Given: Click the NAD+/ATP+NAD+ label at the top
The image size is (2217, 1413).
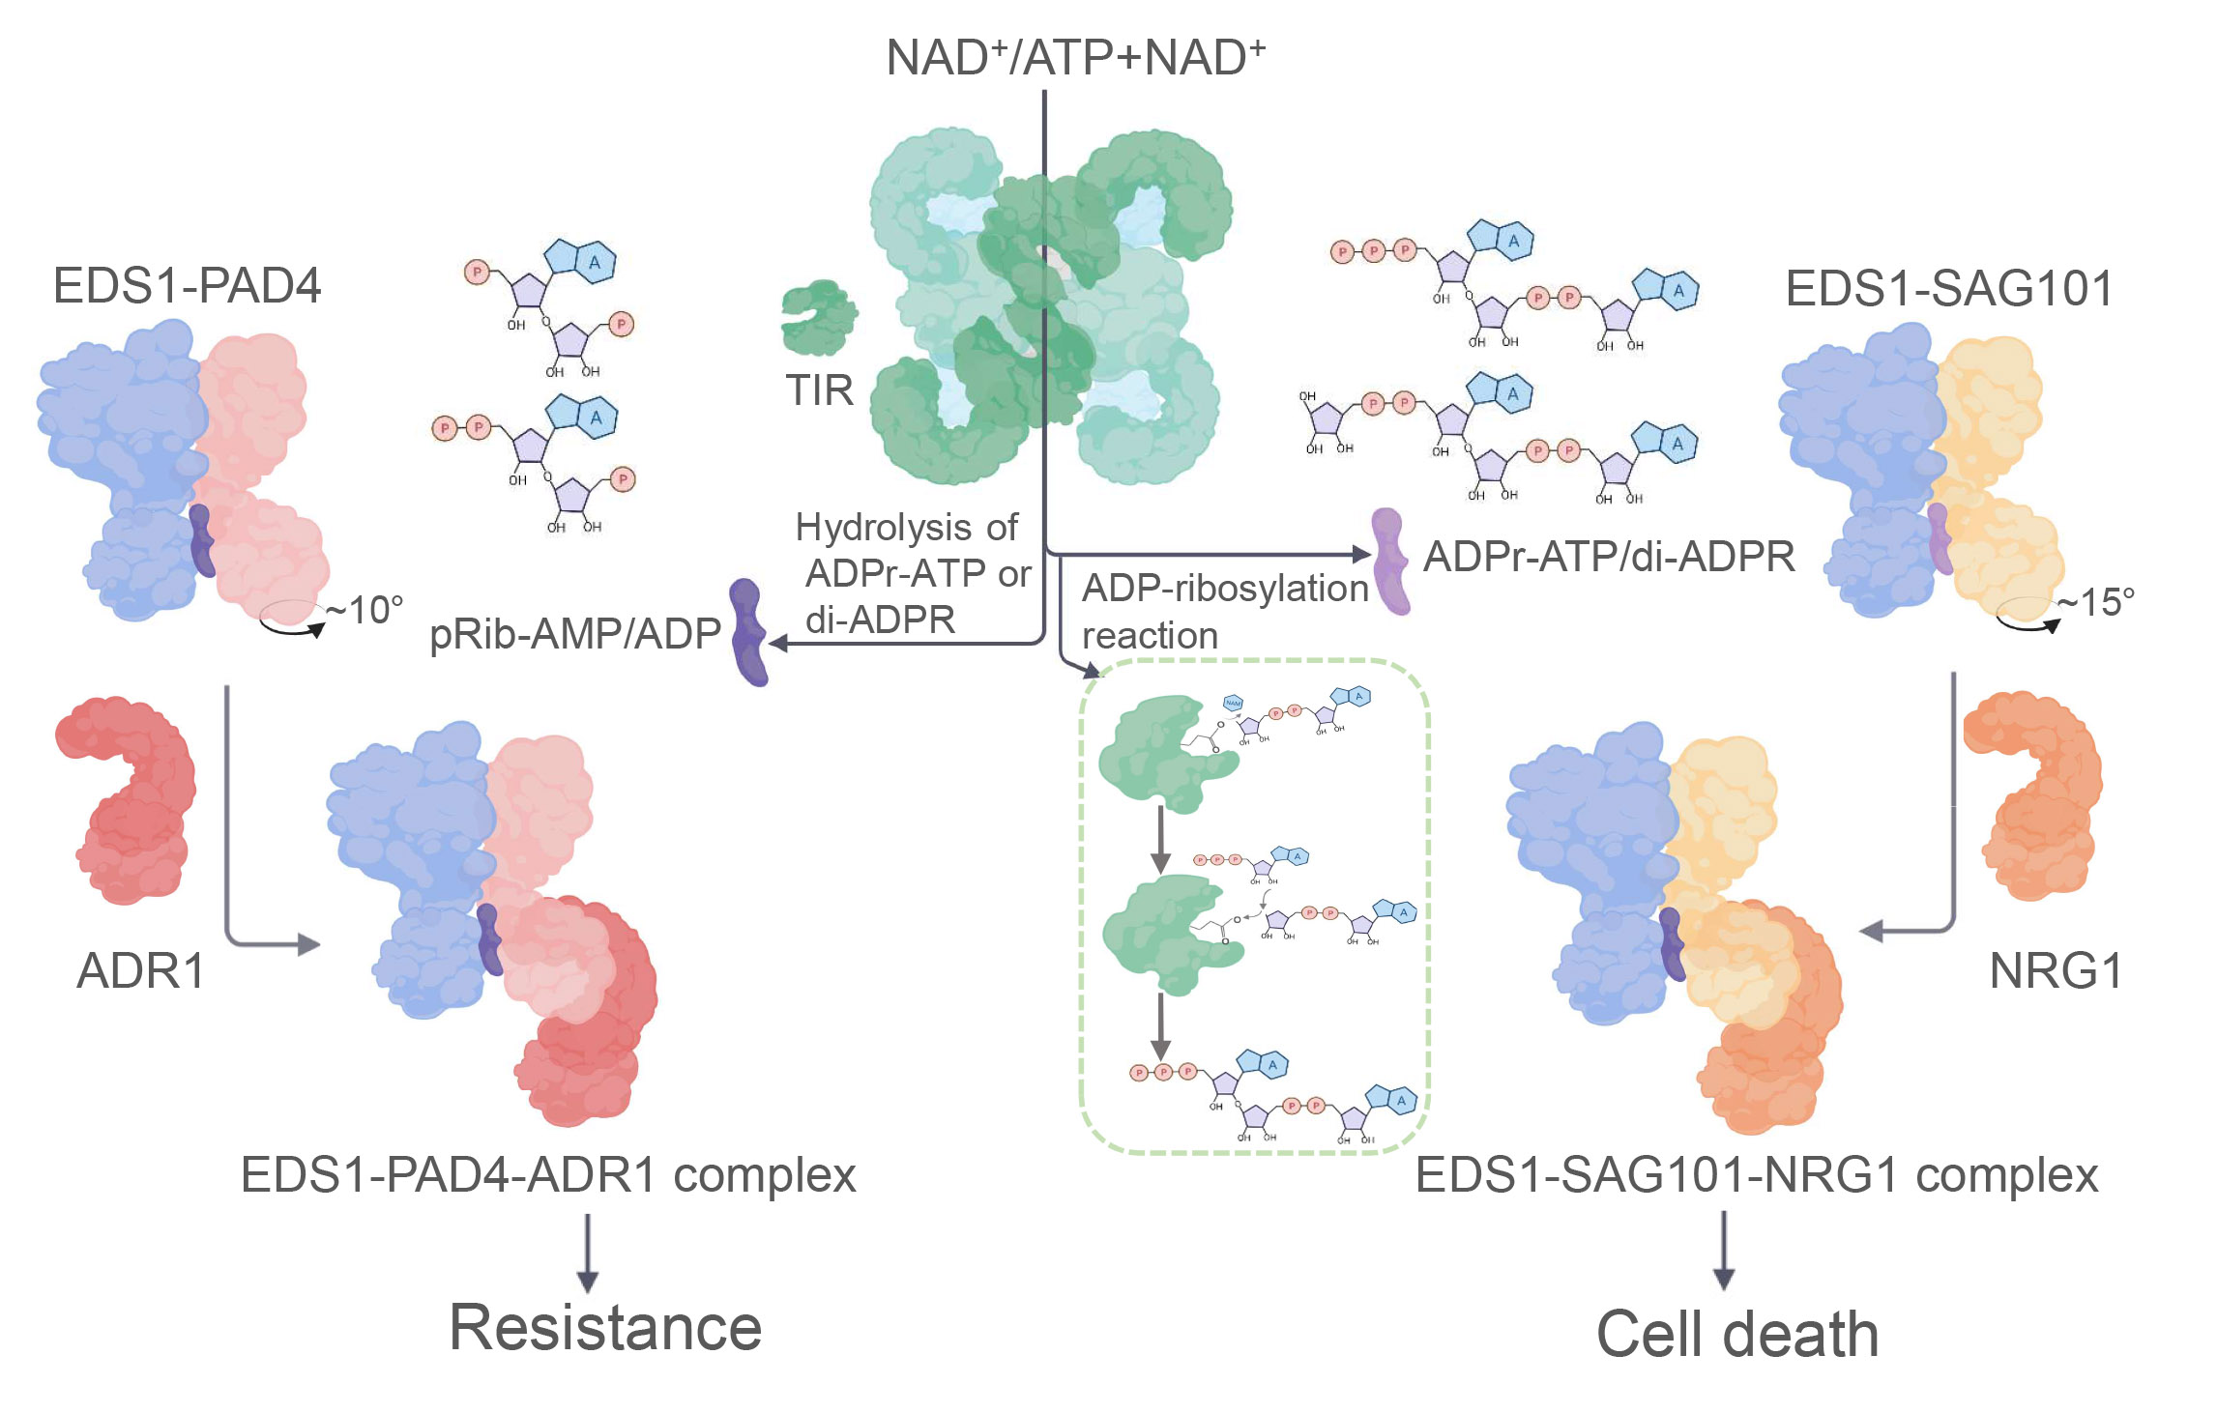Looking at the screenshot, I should pyautogui.click(x=1075, y=57).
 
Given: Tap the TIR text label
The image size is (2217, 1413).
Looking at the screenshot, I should pyautogui.click(x=819, y=391).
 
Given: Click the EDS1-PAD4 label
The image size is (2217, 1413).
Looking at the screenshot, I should pyautogui.click(x=187, y=286).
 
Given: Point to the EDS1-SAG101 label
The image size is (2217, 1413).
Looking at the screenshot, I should pyautogui.click(x=1948, y=288).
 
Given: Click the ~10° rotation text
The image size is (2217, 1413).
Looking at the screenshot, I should pyautogui.click(x=364, y=610).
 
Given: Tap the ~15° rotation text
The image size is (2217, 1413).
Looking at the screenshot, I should pyautogui.click(x=2094, y=602).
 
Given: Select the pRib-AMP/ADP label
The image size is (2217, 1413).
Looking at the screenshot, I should pyautogui.click(x=575, y=634).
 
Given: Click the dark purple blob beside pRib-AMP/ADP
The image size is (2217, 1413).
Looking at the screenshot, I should pyautogui.click(x=748, y=632).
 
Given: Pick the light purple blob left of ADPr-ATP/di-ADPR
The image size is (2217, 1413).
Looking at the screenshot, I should pyautogui.click(x=1390, y=561).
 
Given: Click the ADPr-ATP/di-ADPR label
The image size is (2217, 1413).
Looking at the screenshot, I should pyautogui.click(x=1609, y=557).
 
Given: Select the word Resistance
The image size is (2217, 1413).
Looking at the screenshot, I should pyautogui.click(x=605, y=1328).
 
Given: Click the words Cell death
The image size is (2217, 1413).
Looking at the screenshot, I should pyautogui.click(x=1736, y=1335).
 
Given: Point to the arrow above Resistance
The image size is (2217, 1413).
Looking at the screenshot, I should pyautogui.click(x=587, y=1254).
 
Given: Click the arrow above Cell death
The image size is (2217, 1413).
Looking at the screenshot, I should pyautogui.click(x=1723, y=1251).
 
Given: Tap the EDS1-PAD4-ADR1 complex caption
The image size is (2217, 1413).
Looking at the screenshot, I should pyautogui.click(x=548, y=1176).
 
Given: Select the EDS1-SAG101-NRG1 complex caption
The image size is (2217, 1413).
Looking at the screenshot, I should pyautogui.click(x=1756, y=1176).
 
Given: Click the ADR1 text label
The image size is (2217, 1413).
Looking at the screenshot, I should pyautogui.click(x=141, y=970).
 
